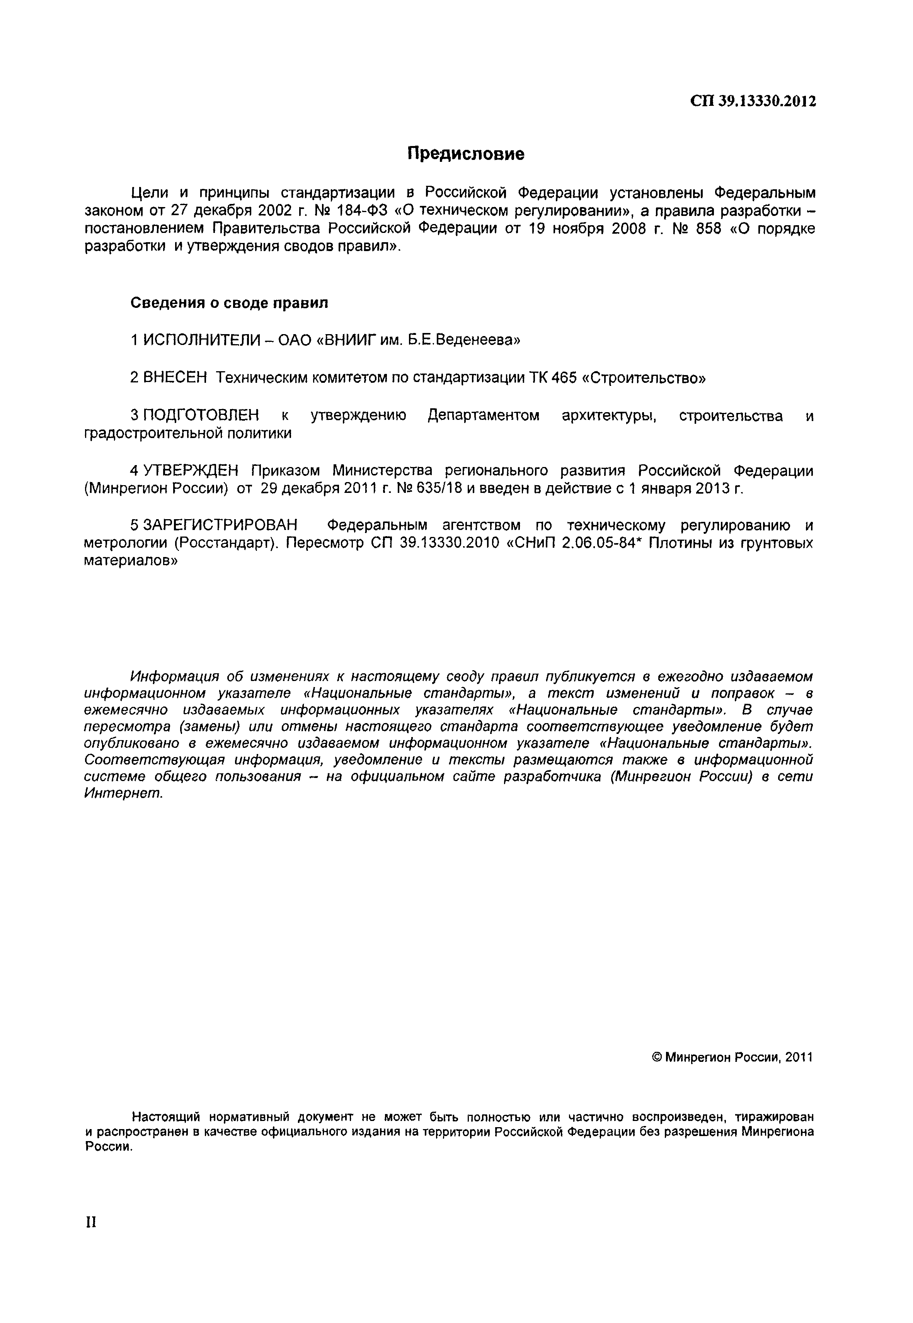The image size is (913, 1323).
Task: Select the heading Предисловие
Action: pyautogui.click(x=466, y=154)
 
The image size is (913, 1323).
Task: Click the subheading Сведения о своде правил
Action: pyautogui.click(x=229, y=302)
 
